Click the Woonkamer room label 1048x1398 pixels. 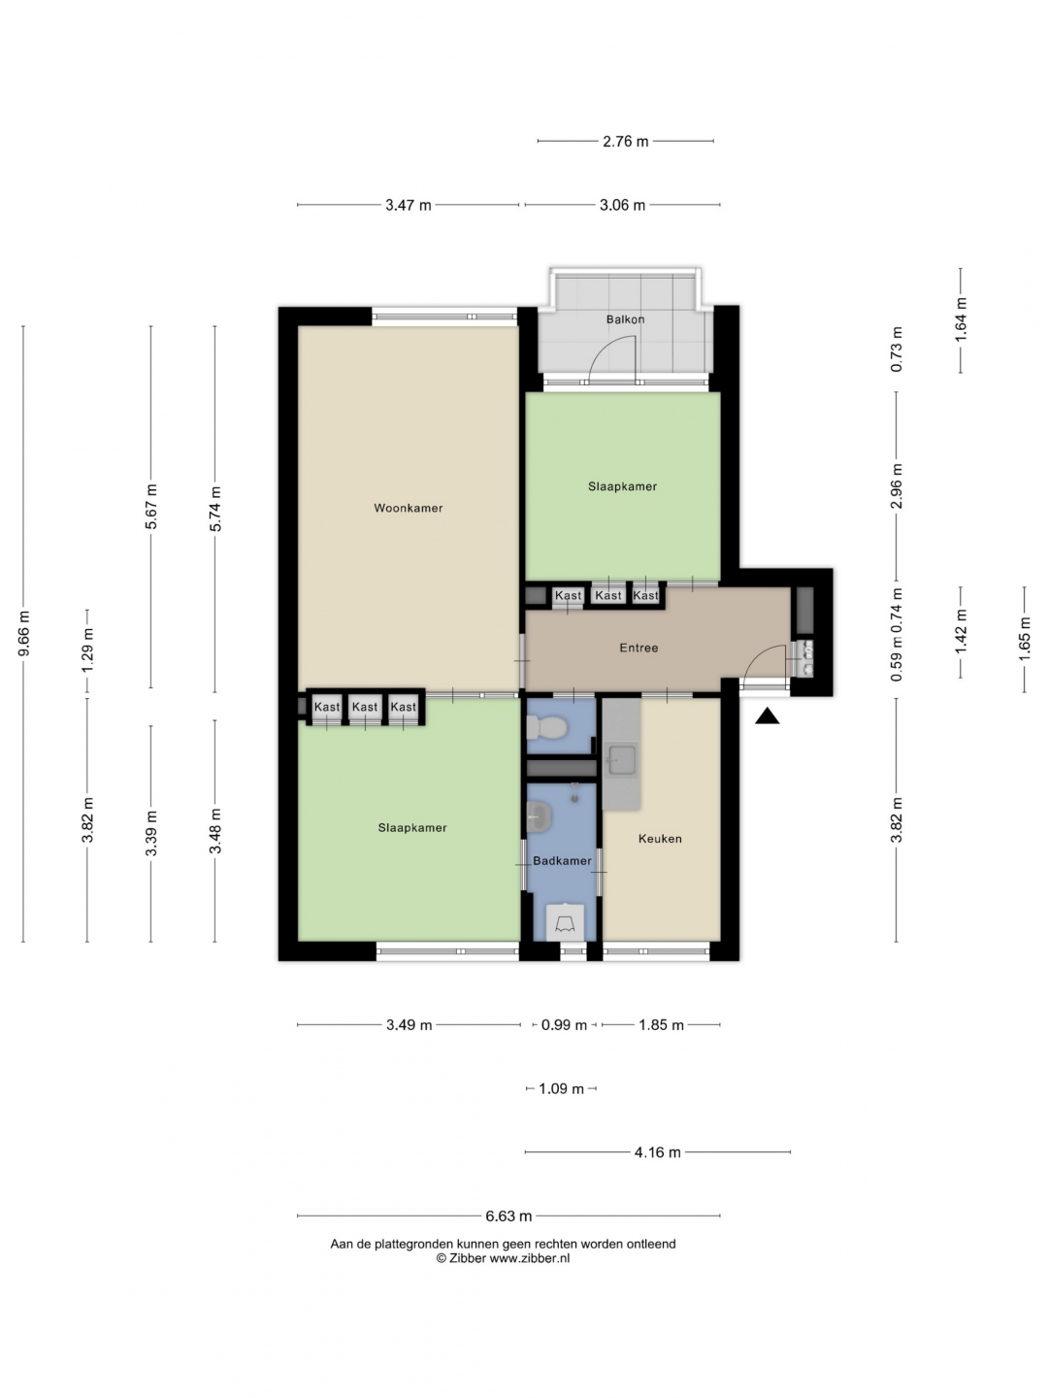pyautogui.click(x=408, y=508)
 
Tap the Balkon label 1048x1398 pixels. pyautogui.click(x=626, y=319)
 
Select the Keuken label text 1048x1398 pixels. pyautogui.click(x=660, y=839)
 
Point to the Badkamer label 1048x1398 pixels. pyautogui.click(x=562, y=860)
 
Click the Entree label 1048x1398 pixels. pyautogui.click(x=639, y=648)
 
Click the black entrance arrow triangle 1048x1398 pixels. pyautogui.click(x=768, y=716)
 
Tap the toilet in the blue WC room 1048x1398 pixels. pyautogui.click(x=546, y=726)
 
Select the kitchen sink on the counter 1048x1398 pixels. pyautogui.click(x=620, y=760)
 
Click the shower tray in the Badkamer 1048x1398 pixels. pyautogui.click(x=565, y=922)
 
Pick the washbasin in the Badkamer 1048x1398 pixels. pyautogui.click(x=539, y=816)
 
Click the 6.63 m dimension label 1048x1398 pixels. pyautogui.click(x=508, y=1215)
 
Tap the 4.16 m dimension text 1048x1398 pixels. pyautogui.click(x=657, y=1152)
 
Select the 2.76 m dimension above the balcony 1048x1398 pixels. pyautogui.click(x=626, y=142)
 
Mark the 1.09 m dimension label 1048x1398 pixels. pyautogui.click(x=561, y=1088)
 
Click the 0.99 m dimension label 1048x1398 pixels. pyautogui.click(x=564, y=1025)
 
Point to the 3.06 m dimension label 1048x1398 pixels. pyautogui.click(x=622, y=205)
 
